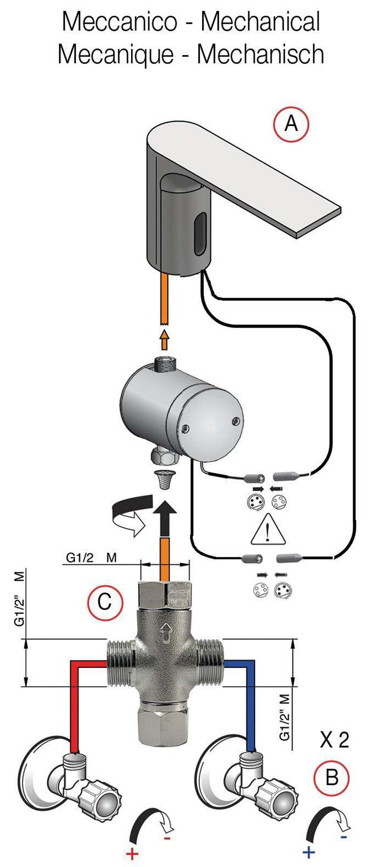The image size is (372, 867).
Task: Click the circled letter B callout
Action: pyautogui.click(x=331, y=777)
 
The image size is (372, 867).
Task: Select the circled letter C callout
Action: pyautogui.click(x=105, y=601)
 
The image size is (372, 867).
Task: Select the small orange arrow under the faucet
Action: pyautogui.click(x=164, y=341)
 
